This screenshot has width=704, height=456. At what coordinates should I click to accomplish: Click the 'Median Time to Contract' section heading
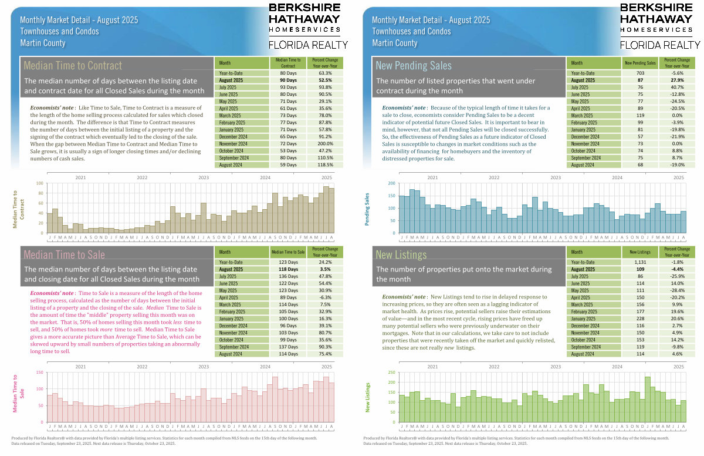point(73,65)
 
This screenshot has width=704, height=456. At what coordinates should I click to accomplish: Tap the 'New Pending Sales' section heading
point(414,65)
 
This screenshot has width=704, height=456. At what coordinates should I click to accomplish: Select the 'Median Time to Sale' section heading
point(65,254)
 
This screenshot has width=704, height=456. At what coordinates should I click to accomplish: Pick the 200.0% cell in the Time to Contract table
point(326,143)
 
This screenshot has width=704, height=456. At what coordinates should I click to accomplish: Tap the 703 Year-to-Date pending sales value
point(640,73)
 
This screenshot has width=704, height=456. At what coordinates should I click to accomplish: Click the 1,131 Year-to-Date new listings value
point(640,262)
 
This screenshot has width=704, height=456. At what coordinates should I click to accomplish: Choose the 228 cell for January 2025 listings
point(640,318)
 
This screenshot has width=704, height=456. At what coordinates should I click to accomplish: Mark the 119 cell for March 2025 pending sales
point(640,115)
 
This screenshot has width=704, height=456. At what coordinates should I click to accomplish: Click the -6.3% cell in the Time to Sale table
point(326,297)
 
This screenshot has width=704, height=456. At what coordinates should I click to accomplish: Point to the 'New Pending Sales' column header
point(640,62)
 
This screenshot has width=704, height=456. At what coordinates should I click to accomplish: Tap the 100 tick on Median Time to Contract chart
point(40,183)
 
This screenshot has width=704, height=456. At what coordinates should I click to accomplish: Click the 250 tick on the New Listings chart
point(391,372)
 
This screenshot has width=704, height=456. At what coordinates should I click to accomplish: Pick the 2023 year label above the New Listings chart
point(556,366)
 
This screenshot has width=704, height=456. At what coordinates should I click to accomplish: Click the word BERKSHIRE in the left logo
point(304,7)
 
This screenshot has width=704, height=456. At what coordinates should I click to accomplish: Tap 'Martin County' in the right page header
point(395,43)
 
